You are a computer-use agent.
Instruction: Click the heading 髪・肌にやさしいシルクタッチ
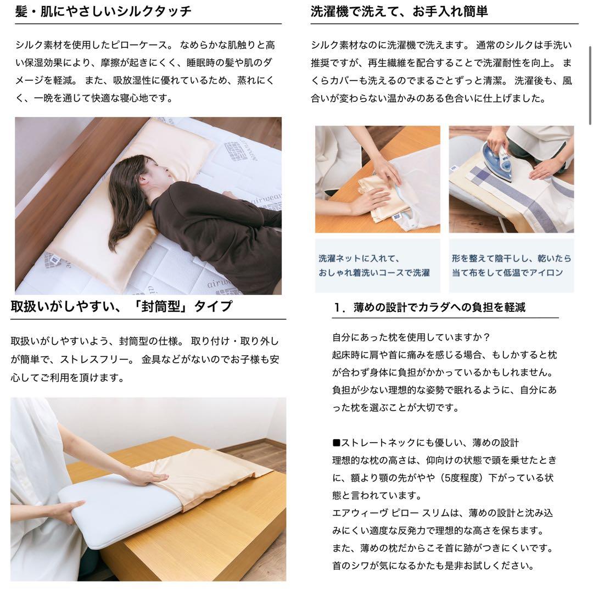point(103,12)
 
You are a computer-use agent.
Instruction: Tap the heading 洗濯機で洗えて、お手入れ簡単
point(399,12)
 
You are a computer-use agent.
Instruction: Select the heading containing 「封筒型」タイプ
point(121,306)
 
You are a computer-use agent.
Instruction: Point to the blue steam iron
point(497,161)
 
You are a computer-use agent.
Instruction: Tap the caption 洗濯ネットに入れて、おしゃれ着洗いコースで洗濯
point(374,265)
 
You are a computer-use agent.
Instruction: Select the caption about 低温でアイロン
point(511,265)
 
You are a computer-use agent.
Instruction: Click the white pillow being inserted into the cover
point(118,508)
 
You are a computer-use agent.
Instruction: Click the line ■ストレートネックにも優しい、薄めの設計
point(425,443)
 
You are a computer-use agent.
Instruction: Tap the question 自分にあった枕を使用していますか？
point(411,337)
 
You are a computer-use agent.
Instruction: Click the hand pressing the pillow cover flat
point(144,477)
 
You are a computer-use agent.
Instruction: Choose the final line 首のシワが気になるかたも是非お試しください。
point(433,566)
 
